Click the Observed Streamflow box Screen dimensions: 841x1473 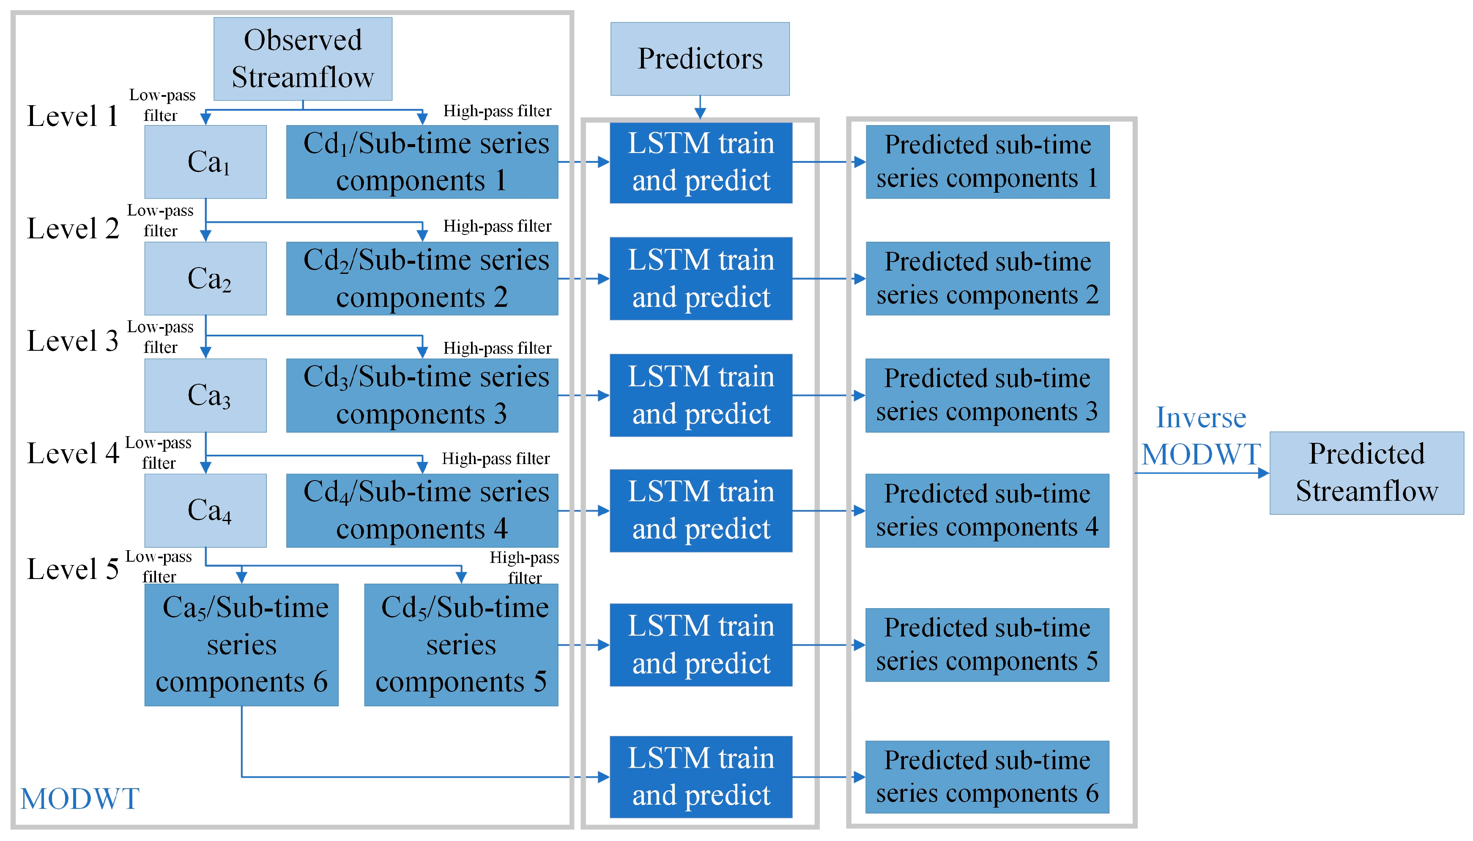coord(302,58)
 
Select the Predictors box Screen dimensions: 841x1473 coord(699,58)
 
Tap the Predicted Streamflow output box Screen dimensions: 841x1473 coord(1366,472)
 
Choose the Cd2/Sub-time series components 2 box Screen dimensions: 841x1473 coord(422,279)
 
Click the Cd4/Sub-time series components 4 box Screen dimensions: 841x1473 coord(422,510)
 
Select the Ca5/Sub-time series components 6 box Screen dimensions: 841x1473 coord(241,644)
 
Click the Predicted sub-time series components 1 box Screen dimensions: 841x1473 coord(987,162)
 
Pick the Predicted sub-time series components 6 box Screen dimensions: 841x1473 coord(987,777)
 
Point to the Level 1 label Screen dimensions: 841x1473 coord(72,116)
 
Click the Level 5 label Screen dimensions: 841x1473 coord(72,569)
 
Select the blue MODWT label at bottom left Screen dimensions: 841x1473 coord(80,799)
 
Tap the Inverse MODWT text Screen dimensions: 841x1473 coord(1201,436)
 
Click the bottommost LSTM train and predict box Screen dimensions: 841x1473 coord(701,777)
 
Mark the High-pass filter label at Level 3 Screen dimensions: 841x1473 coord(497,348)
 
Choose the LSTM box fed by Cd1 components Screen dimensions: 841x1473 coord(701,162)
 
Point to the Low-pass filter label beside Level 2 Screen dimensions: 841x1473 coord(160,220)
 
